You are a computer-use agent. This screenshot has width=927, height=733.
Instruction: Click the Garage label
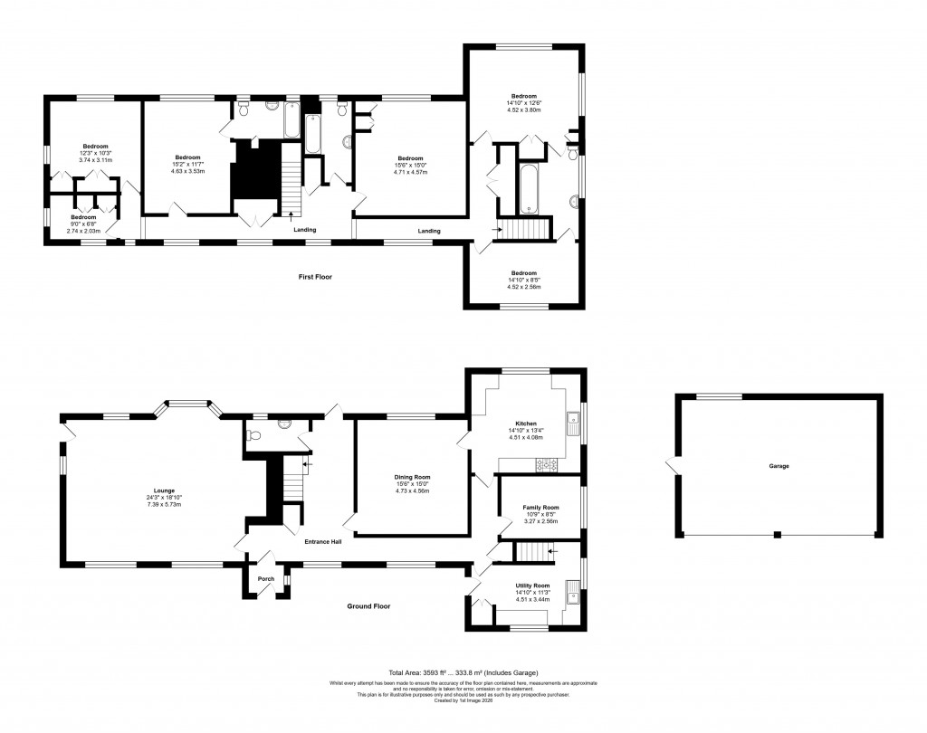pyautogui.click(x=779, y=466)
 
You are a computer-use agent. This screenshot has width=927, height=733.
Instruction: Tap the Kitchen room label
pyautogui.click(x=527, y=424)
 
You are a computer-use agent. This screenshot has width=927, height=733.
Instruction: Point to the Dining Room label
pyautogui.click(x=412, y=477)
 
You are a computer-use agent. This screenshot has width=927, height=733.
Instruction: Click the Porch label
pyautogui.click(x=266, y=578)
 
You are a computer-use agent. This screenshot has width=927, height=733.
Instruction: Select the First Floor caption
pyautogui.click(x=315, y=276)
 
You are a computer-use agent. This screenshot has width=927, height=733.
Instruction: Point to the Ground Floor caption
pyautogui.click(x=369, y=606)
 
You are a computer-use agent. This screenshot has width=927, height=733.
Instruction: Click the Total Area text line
pyautogui.click(x=463, y=673)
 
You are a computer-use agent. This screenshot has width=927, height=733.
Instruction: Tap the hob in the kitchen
pyautogui.click(x=548, y=465)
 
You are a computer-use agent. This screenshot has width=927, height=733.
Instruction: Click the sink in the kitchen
pyautogui.click(x=572, y=419)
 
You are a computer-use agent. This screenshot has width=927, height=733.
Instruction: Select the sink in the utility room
pyautogui.click(x=571, y=595)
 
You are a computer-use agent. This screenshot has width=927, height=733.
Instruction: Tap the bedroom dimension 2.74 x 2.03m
pyautogui.click(x=84, y=232)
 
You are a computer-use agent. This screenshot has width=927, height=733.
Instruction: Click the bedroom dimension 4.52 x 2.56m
pyautogui.click(x=524, y=287)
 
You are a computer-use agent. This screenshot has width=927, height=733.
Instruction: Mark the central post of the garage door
pyautogui.click(x=778, y=535)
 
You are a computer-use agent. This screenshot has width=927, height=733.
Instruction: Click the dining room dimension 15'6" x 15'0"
pyautogui.click(x=412, y=484)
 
